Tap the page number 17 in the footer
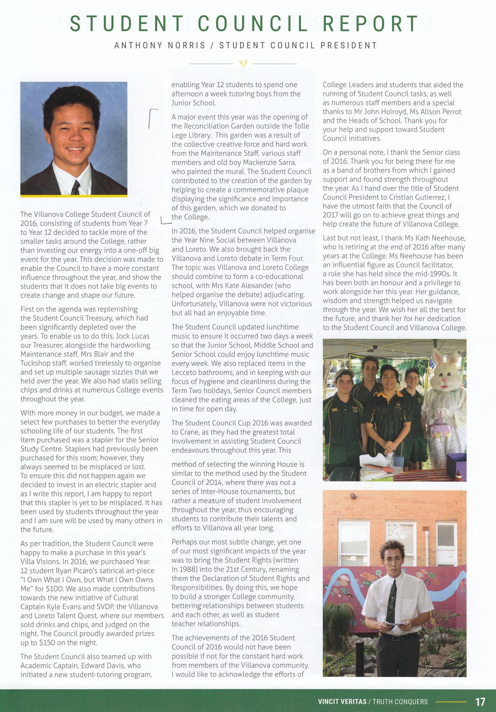(x=480, y=701)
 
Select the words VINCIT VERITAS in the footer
(x=341, y=701)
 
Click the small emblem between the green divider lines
(x=244, y=63)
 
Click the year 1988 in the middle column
(x=190, y=570)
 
